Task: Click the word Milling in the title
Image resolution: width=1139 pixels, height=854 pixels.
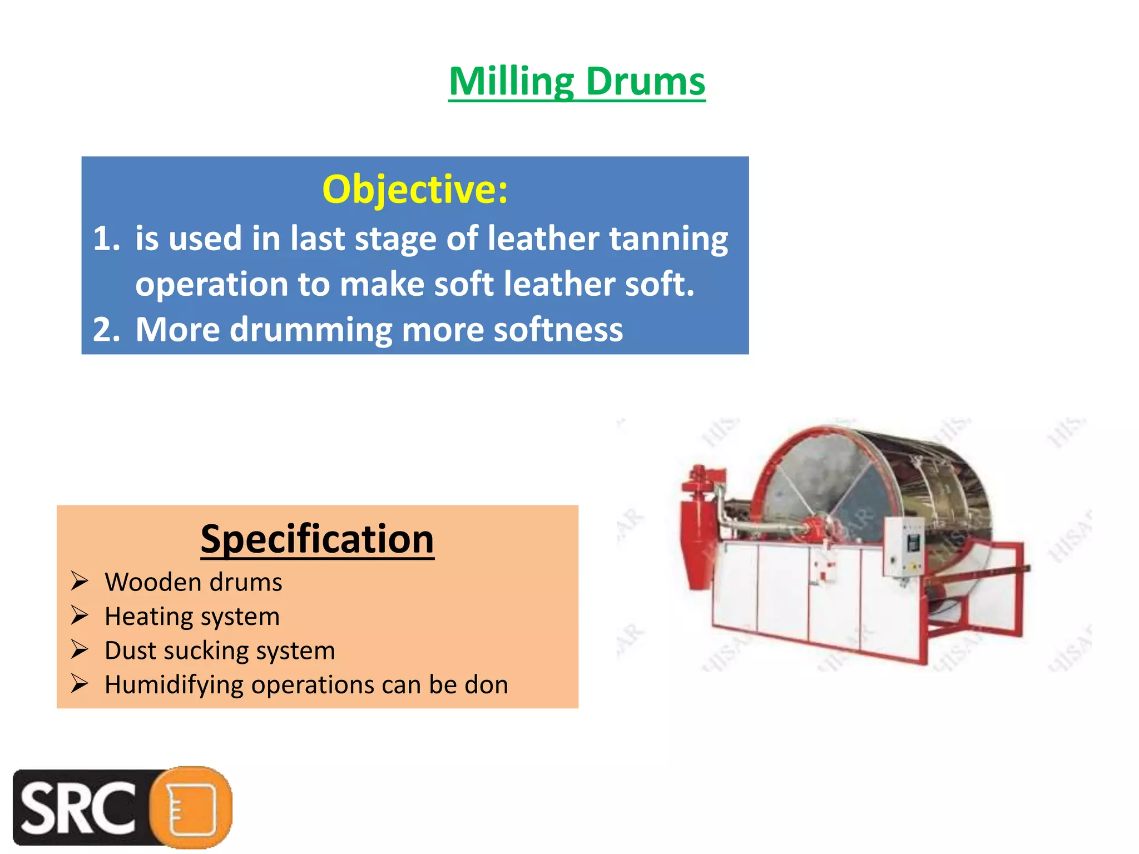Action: (511, 82)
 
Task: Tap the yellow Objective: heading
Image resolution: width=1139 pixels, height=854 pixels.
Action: (415, 189)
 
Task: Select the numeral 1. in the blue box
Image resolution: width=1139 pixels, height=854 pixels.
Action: (106, 239)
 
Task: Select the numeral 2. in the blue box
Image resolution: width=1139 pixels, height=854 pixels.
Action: (106, 329)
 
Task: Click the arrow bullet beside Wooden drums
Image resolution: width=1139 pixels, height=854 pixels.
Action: (80, 582)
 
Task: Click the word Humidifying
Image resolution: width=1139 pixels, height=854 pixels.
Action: (174, 685)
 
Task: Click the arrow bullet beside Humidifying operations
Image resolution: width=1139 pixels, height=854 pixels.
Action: (80, 684)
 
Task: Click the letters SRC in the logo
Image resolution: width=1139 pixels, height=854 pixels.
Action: (78, 808)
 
